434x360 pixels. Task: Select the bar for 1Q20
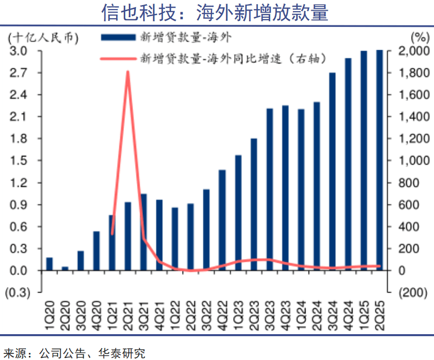tap(49, 264)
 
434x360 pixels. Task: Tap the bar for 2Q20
tap(65, 269)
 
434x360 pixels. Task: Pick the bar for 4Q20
tap(96, 251)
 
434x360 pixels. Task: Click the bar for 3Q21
tap(143, 232)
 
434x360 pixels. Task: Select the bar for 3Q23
tap(269, 190)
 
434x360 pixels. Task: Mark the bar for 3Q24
tap(332, 172)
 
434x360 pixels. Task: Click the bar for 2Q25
tap(379, 160)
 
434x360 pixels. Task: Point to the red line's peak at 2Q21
tap(128, 72)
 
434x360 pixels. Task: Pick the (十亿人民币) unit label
tap(42, 37)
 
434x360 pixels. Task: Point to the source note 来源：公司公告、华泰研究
tap(74, 351)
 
